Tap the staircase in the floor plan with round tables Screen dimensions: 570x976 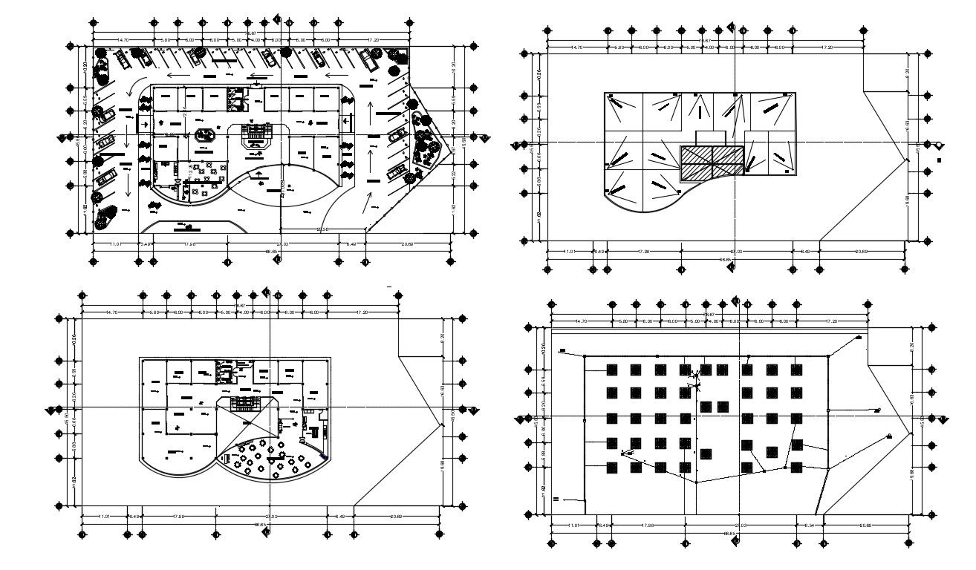pos(244,402)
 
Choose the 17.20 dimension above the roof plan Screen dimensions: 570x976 pos(827,47)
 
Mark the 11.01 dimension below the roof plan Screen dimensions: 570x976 pos(570,252)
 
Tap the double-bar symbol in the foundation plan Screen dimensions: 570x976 pos(555,499)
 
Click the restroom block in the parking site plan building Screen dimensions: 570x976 pos(236,97)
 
